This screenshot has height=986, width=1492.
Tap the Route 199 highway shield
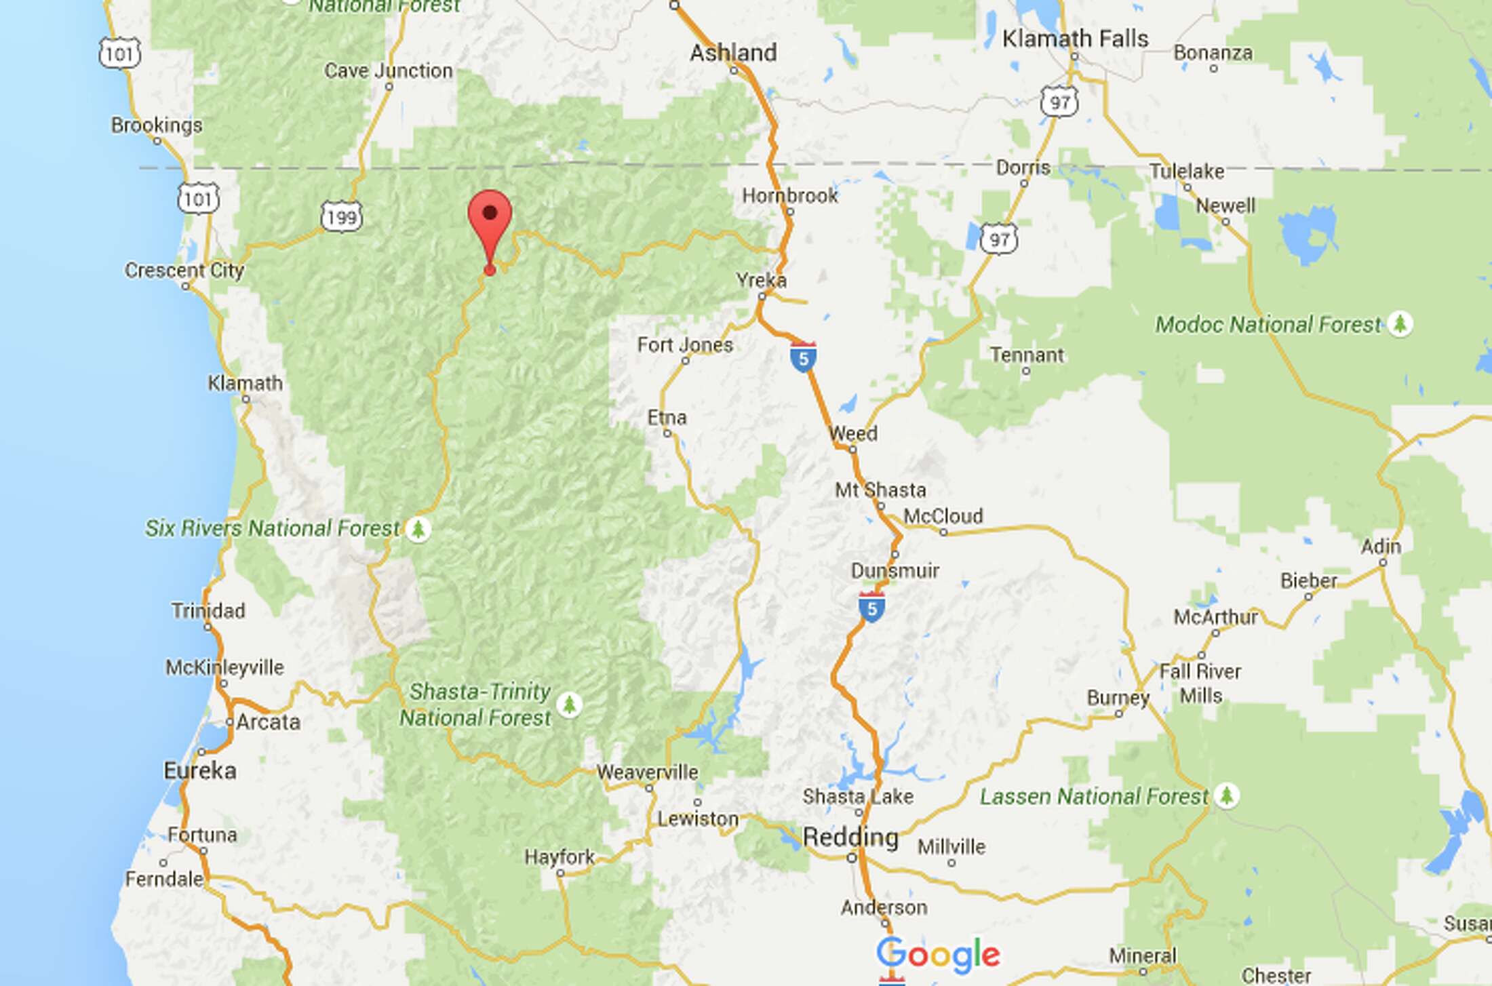coord(341,217)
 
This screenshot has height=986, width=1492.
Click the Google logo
coord(938,955)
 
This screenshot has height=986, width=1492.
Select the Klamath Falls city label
coord(1075,39)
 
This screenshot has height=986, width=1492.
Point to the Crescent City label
coord(184,271)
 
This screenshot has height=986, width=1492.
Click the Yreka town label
coord(761,280)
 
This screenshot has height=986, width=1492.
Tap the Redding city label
coord(850,837)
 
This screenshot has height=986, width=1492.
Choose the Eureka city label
coord(200,770)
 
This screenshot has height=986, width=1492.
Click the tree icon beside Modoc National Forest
coord(1399,324)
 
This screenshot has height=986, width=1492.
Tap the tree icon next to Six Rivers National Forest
coord(418,529)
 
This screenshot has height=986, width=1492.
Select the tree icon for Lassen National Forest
coord(1225,795)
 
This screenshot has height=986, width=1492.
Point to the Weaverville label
coord(647,772)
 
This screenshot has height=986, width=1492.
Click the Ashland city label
coord(733,53)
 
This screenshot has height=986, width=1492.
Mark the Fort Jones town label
coord(685,345)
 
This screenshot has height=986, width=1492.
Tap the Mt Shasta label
coord(880,490)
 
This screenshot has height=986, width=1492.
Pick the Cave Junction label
coord(388,71)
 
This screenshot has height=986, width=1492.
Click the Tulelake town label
coord(1186,172)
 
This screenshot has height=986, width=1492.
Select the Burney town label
coord(1118,698)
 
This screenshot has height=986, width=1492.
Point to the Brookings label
coord(157,125)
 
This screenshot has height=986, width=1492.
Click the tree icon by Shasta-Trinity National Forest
coord(569,705)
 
